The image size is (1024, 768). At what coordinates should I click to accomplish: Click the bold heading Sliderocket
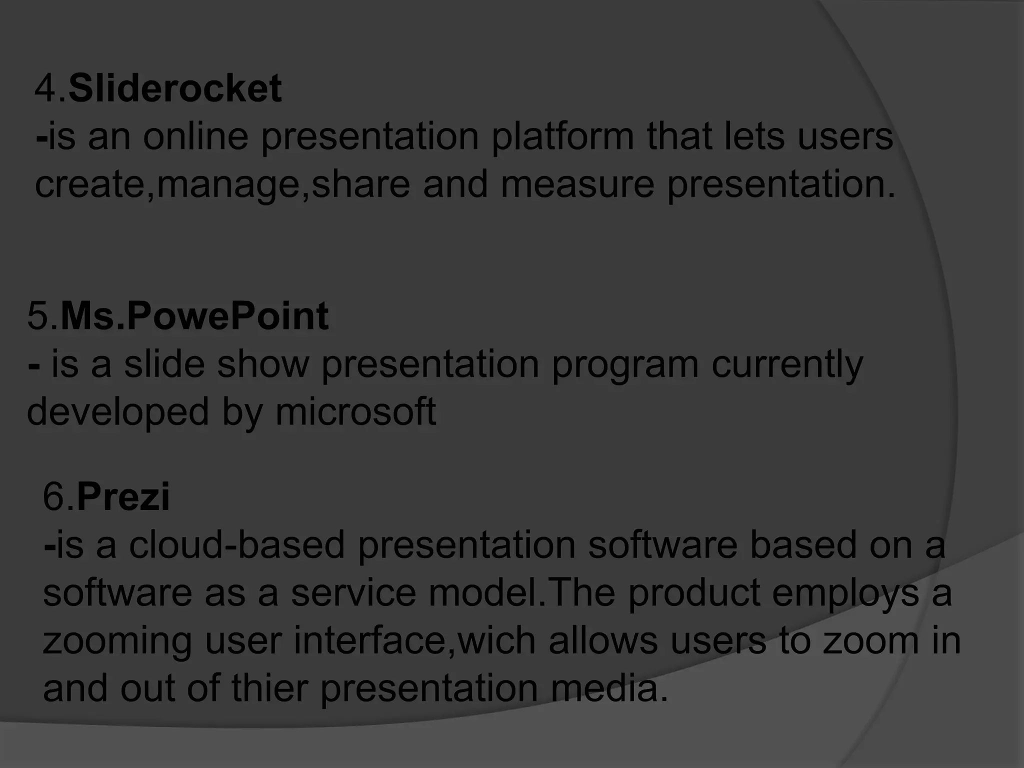pos(174,88)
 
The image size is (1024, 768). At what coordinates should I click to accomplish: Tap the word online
pos(195,136)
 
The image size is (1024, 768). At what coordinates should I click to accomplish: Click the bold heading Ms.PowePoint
pos(194,316)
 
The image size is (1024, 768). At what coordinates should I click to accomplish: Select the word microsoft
pos(355,411)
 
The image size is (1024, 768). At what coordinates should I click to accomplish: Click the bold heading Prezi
pos(123,496)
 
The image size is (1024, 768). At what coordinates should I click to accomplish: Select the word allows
pos(603,640)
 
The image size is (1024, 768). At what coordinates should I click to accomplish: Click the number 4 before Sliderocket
pos(46,88)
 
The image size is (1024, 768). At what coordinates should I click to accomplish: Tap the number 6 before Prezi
pos(54,496)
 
